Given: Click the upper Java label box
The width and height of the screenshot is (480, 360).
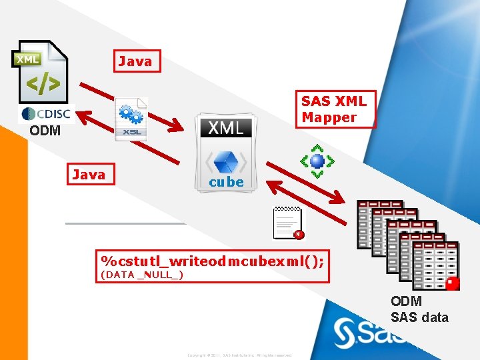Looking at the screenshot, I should pyautogui.click(x=136, y=61).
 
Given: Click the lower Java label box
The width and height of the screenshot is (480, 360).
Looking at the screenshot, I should pyautogui.click(x=89, y=175).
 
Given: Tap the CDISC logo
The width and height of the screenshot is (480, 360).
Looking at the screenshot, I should pyautogui.click(x=45, y=113).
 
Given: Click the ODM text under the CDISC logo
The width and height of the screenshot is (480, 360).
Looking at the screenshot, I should pyautogui.click(x=45, y=131).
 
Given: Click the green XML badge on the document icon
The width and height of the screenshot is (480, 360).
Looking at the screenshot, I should pyautogui.click(x=27, y=59).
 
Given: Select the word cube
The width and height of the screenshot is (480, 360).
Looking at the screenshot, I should pyautogui.click(x=226, y=182).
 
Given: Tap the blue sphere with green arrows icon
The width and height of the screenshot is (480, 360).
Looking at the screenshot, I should pyautogui.click(x=317, y=161).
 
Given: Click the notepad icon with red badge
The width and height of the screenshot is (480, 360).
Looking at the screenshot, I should pyautogui.click(x=288, y=223).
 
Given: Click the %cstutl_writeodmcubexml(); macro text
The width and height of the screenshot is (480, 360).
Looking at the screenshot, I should pyautogui.click(x=212, y=259).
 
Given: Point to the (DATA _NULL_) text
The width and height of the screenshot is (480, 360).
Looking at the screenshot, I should pyautogui.click(x=141, y=274).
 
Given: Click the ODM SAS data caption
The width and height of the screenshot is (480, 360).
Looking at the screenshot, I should pyautogui.click(x=419, y=310).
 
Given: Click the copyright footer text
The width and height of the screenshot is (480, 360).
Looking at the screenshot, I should pyautogui.click(x=239, y=355).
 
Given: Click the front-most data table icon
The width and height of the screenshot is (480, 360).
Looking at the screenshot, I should pyautogui.click(x=435, y=265).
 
